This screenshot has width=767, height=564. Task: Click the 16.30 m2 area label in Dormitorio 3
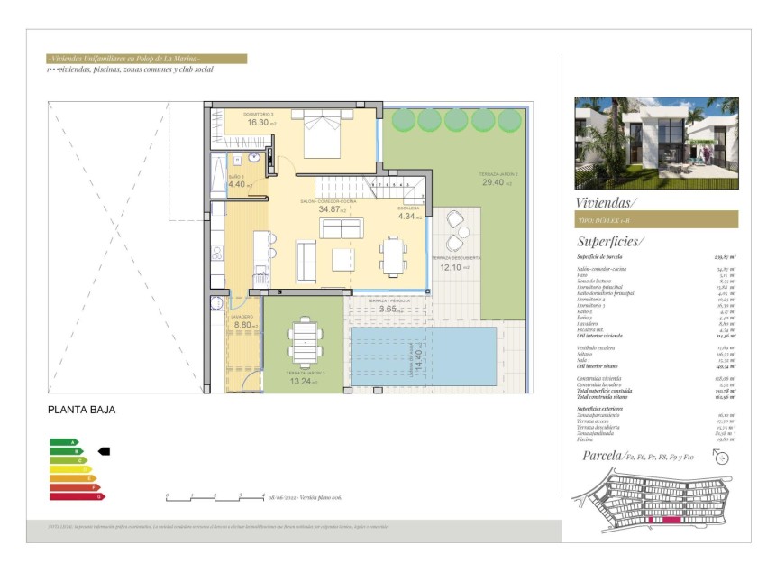pos(259,122)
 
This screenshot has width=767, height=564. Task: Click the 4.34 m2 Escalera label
pos(407,217)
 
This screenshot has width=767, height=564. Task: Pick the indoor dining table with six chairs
pos(393,254)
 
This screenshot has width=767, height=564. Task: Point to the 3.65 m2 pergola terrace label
pos(388,310)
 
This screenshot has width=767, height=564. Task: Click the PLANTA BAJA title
pos(81,410)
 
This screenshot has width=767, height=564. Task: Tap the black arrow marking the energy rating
pos(103,450)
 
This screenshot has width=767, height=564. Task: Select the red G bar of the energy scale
pos(77,496)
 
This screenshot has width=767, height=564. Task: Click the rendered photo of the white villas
pos(656,143)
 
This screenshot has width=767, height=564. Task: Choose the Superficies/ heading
pos(610,241)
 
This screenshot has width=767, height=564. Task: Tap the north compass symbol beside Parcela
pos(720,458)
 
